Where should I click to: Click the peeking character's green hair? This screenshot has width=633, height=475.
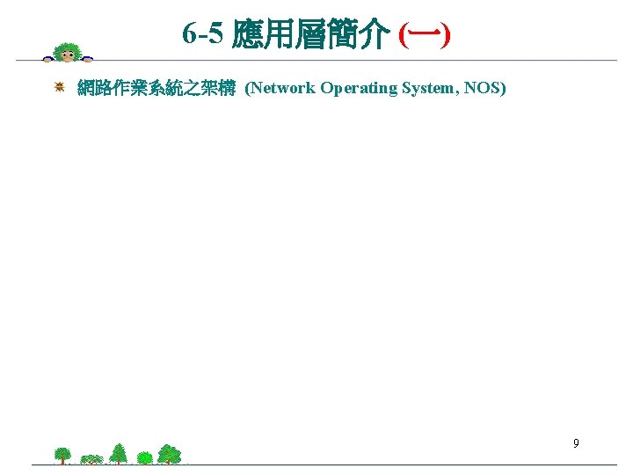pos(68,47)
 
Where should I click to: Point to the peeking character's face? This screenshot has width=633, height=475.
pos(68,55)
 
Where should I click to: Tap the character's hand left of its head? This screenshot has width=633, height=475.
pos(47,59)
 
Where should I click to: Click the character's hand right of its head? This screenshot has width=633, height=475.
pos(89,59)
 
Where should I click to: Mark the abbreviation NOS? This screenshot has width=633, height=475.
pos(483,88)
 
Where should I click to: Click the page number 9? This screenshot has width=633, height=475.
pos(576,443)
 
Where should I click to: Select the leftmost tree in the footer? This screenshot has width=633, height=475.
pos(62,455)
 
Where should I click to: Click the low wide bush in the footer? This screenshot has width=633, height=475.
pos(92,459)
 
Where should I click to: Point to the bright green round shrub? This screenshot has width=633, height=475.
pos(144,457)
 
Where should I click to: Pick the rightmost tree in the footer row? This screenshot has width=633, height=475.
pos(169,454)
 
